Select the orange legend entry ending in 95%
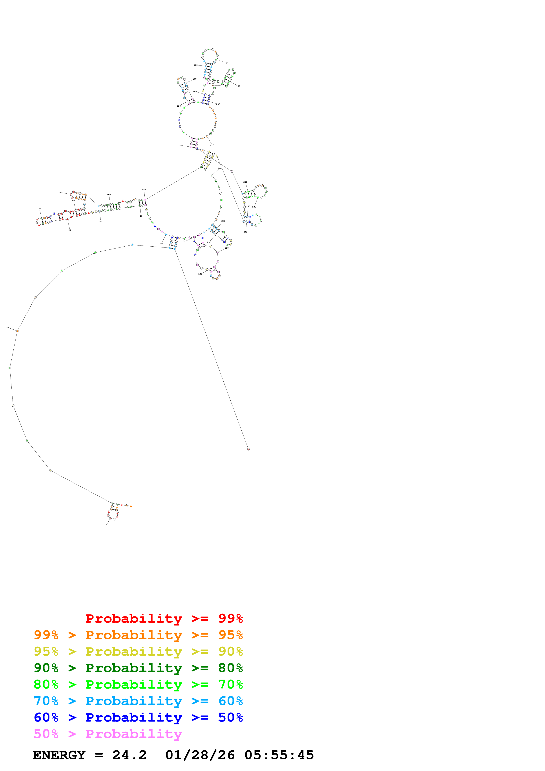tap(138, 635)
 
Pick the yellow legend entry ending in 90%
tap(138, 651)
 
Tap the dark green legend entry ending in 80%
tap(138, 668)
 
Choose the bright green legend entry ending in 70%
tap(138, 684)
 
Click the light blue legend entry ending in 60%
tap(138, 701)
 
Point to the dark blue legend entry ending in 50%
tap(138, 717)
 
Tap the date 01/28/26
tap(200, 755)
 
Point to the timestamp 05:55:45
tap(279, 755)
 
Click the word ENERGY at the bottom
tap(59, 755)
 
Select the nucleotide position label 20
tap(7, 327)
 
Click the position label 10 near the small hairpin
tap(105, 527)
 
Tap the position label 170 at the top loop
tap(226, 63)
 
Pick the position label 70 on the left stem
tap(39, 209)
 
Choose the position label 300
tap(200, 274)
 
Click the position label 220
tap(245, 182)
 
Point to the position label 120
tap(180, 145)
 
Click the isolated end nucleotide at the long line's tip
tap(248, 449)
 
